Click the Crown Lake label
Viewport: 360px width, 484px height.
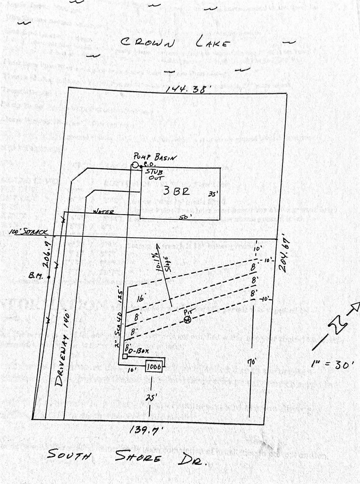(175, 43)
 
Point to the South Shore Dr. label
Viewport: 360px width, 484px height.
(128, 457)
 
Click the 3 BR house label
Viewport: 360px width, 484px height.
(176, 191)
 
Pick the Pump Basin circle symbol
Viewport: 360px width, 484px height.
(135, 165)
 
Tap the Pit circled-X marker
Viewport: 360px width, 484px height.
(188, 320)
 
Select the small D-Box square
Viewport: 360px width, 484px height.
(124, 356)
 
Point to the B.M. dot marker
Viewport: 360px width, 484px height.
(49, 277)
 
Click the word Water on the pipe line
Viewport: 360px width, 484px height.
(103, 211)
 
